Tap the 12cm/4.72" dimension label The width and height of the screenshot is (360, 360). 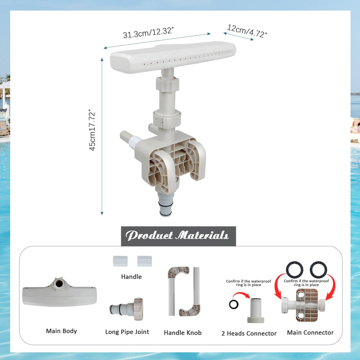247,31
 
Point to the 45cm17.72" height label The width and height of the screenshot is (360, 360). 92,130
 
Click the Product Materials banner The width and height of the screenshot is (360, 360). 178,236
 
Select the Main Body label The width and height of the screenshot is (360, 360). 61,331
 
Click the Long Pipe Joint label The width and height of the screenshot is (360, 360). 127,332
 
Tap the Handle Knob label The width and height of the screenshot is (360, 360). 183,333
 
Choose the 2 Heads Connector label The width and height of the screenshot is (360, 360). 249,333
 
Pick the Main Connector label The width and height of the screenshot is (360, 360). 310,333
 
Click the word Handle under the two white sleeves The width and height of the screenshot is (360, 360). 131,277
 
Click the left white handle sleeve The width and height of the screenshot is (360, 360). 120,261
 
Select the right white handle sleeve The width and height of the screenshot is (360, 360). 144,261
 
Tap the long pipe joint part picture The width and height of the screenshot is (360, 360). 127,309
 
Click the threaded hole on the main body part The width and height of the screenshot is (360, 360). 59,283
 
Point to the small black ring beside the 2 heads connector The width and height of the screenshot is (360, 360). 233,304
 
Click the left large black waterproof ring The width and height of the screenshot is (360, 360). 294,270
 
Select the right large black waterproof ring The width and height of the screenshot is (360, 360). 319,270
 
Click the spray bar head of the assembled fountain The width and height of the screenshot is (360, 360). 173,57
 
